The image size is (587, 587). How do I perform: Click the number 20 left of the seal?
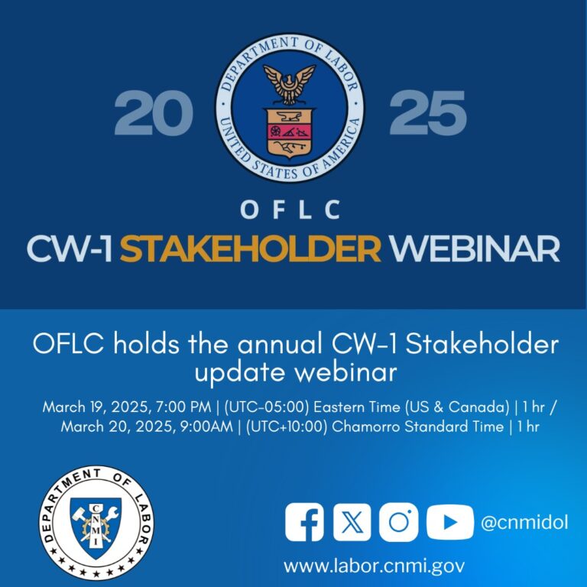click(153, 113)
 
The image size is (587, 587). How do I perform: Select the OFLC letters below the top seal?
click(290, 210)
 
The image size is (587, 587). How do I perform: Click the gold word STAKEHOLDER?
click(250, 248)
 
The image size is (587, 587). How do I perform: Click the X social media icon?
click(352, 523)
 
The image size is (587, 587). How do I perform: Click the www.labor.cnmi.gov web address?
click(374, 566)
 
